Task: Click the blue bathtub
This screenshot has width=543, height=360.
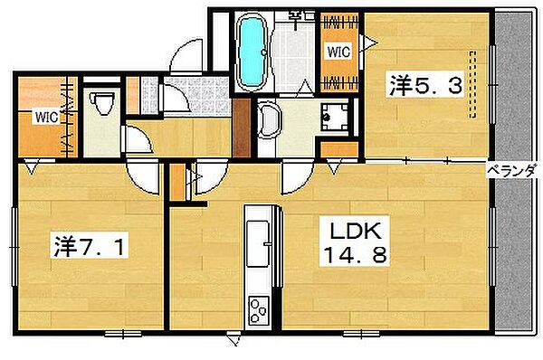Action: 252,52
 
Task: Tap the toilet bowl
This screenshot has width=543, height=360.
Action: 102,102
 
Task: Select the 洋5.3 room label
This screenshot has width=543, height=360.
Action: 425,85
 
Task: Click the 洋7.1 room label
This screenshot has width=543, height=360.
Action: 89,246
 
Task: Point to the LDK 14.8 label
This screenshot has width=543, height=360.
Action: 354,242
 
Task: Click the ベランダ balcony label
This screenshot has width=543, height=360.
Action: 513,171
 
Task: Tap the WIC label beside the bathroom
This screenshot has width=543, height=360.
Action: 338,52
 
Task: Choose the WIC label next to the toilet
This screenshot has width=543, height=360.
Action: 46,118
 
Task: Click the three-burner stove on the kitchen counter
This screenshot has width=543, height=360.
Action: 258,311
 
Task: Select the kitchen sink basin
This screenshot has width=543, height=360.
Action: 258,244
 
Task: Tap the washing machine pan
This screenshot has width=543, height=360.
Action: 335,118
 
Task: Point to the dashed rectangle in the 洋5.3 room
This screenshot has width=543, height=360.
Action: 472,84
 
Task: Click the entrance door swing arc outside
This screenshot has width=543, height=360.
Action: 186,55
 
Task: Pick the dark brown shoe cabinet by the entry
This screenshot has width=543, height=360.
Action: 241,128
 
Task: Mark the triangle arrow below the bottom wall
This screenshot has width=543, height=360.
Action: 234,338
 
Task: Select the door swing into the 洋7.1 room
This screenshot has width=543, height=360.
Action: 144,178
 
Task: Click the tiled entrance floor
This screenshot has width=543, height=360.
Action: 195,97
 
